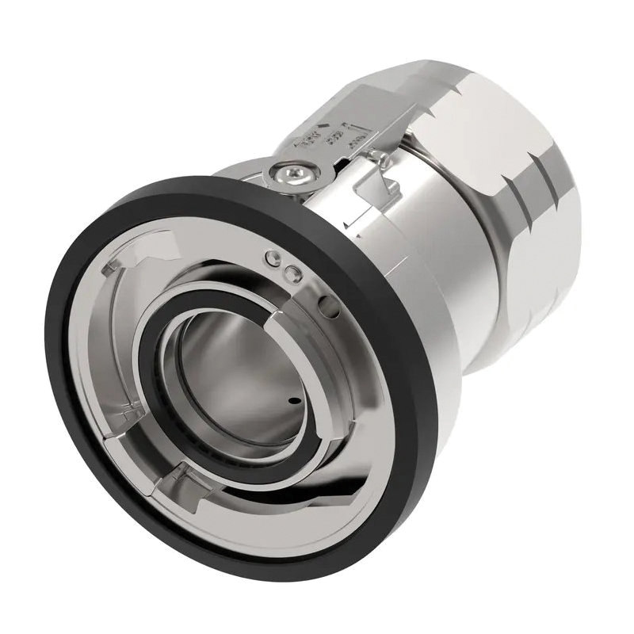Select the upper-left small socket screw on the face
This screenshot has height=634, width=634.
[273, 258]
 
